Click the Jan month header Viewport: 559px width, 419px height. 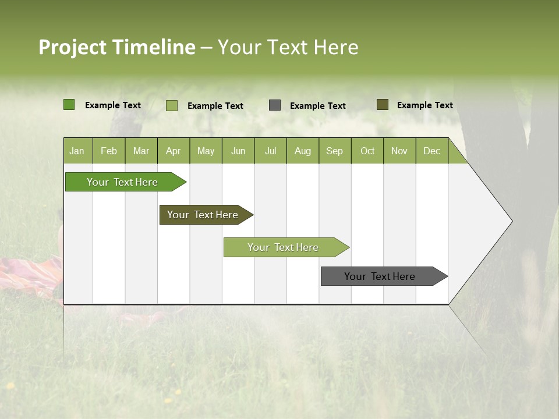77,151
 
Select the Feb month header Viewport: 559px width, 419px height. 109,151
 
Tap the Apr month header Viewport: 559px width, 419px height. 173,151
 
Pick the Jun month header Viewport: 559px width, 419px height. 238,151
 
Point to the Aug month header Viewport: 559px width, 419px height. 302,151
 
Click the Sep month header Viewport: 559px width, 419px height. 334,151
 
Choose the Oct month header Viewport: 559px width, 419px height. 367,151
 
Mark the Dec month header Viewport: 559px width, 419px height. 431,151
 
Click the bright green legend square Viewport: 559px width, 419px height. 69,105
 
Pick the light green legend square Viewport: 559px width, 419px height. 172,105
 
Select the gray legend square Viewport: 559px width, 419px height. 275,105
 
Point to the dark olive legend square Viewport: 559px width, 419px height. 382,105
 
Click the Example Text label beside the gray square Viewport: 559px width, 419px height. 317,106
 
